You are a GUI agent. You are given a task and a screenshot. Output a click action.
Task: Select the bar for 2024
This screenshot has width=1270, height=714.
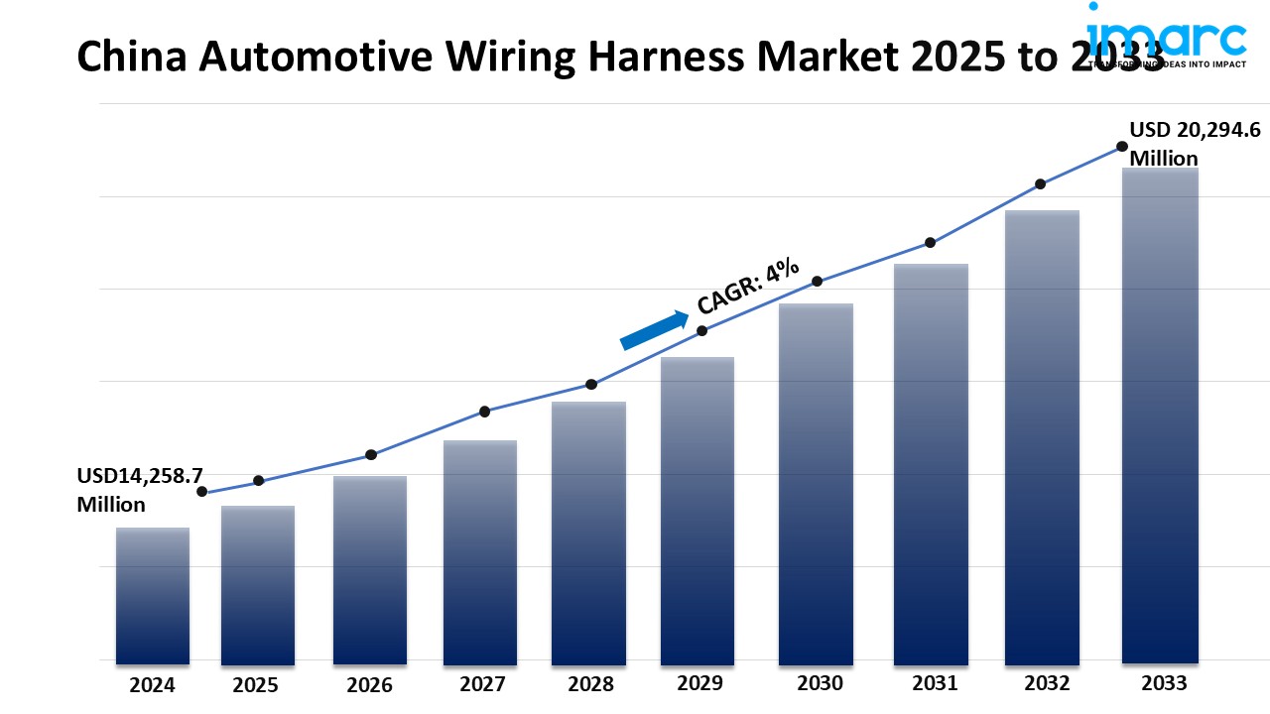(x=153, y=595)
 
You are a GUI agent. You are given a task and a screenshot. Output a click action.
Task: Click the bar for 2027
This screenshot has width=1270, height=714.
(x=480, y=551)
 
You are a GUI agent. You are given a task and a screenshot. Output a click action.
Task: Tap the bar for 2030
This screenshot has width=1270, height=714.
(x=816, y=483)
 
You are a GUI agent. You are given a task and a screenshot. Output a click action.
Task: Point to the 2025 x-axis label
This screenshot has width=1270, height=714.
(x=256, y=684)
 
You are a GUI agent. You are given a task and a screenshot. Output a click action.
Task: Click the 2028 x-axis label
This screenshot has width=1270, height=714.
(x=591, y=683)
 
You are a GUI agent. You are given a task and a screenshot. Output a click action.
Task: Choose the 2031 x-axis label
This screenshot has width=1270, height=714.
(x=934, y=682)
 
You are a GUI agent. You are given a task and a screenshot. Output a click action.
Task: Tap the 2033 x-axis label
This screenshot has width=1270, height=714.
(x=1162, y=682)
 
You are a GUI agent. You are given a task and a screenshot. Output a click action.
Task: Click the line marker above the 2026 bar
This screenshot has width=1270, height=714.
(x=371, y=455)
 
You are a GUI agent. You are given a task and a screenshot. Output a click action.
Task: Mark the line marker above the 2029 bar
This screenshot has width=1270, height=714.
(x=701, y=331)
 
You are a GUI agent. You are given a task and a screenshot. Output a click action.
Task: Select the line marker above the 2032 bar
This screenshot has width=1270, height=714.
(x=1040, y=184)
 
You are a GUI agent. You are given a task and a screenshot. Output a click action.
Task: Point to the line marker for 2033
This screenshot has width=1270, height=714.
(x=1122, y=146)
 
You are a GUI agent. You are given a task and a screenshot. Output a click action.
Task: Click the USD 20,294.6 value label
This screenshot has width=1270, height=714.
(x=1196, y=144)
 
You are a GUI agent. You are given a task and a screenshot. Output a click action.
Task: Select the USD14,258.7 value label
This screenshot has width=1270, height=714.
(x=140, y=490)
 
